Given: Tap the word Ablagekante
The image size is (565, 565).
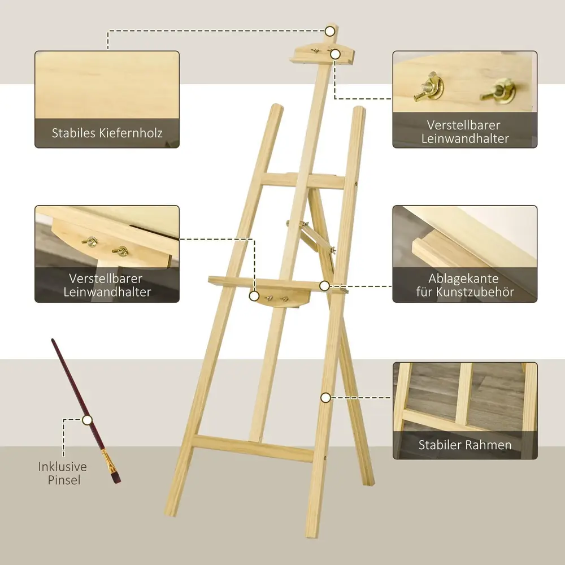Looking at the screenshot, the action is (463, 279).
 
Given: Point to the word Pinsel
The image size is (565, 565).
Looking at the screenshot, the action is (64, 480).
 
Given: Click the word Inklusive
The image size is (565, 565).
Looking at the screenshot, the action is (62, 467).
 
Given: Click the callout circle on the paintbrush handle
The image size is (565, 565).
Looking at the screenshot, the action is (87, 420).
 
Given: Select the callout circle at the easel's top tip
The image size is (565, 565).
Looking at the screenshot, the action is (330, 31).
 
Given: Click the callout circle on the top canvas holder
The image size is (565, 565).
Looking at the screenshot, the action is (335, 54).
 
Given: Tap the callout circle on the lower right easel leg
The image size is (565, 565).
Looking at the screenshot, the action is (325, 398).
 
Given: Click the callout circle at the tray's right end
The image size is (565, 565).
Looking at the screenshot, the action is (324, 286).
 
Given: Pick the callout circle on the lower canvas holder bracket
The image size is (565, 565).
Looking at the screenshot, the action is (254, 296).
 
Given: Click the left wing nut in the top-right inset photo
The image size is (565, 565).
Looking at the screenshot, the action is (429, 88).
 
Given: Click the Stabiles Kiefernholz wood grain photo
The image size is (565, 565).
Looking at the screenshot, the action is (107, 85).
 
